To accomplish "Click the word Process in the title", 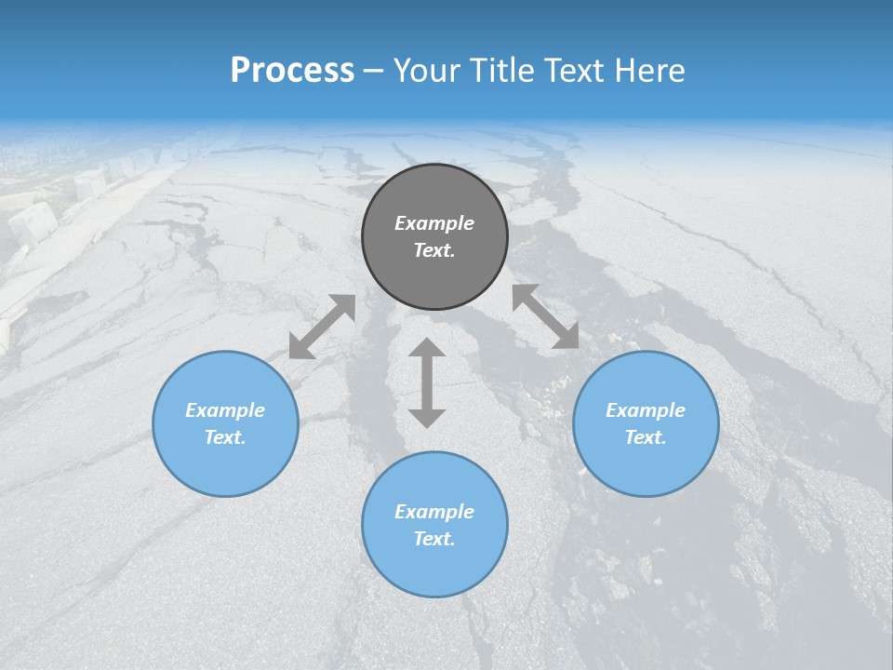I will [292, 71].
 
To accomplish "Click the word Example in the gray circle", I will [434, 223].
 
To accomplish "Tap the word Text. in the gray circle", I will [434, 250].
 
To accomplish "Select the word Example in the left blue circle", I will [225, 410].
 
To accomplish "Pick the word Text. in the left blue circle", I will [225, 437].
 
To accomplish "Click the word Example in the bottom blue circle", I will [434, 512].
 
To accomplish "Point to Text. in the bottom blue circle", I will [434, 539].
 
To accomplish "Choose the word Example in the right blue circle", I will [646, 410].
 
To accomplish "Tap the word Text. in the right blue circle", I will [646, 437].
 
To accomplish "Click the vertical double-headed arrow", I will [427, 382].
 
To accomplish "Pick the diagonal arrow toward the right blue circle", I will [545, 316].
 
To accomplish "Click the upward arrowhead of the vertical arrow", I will [427, 349].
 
